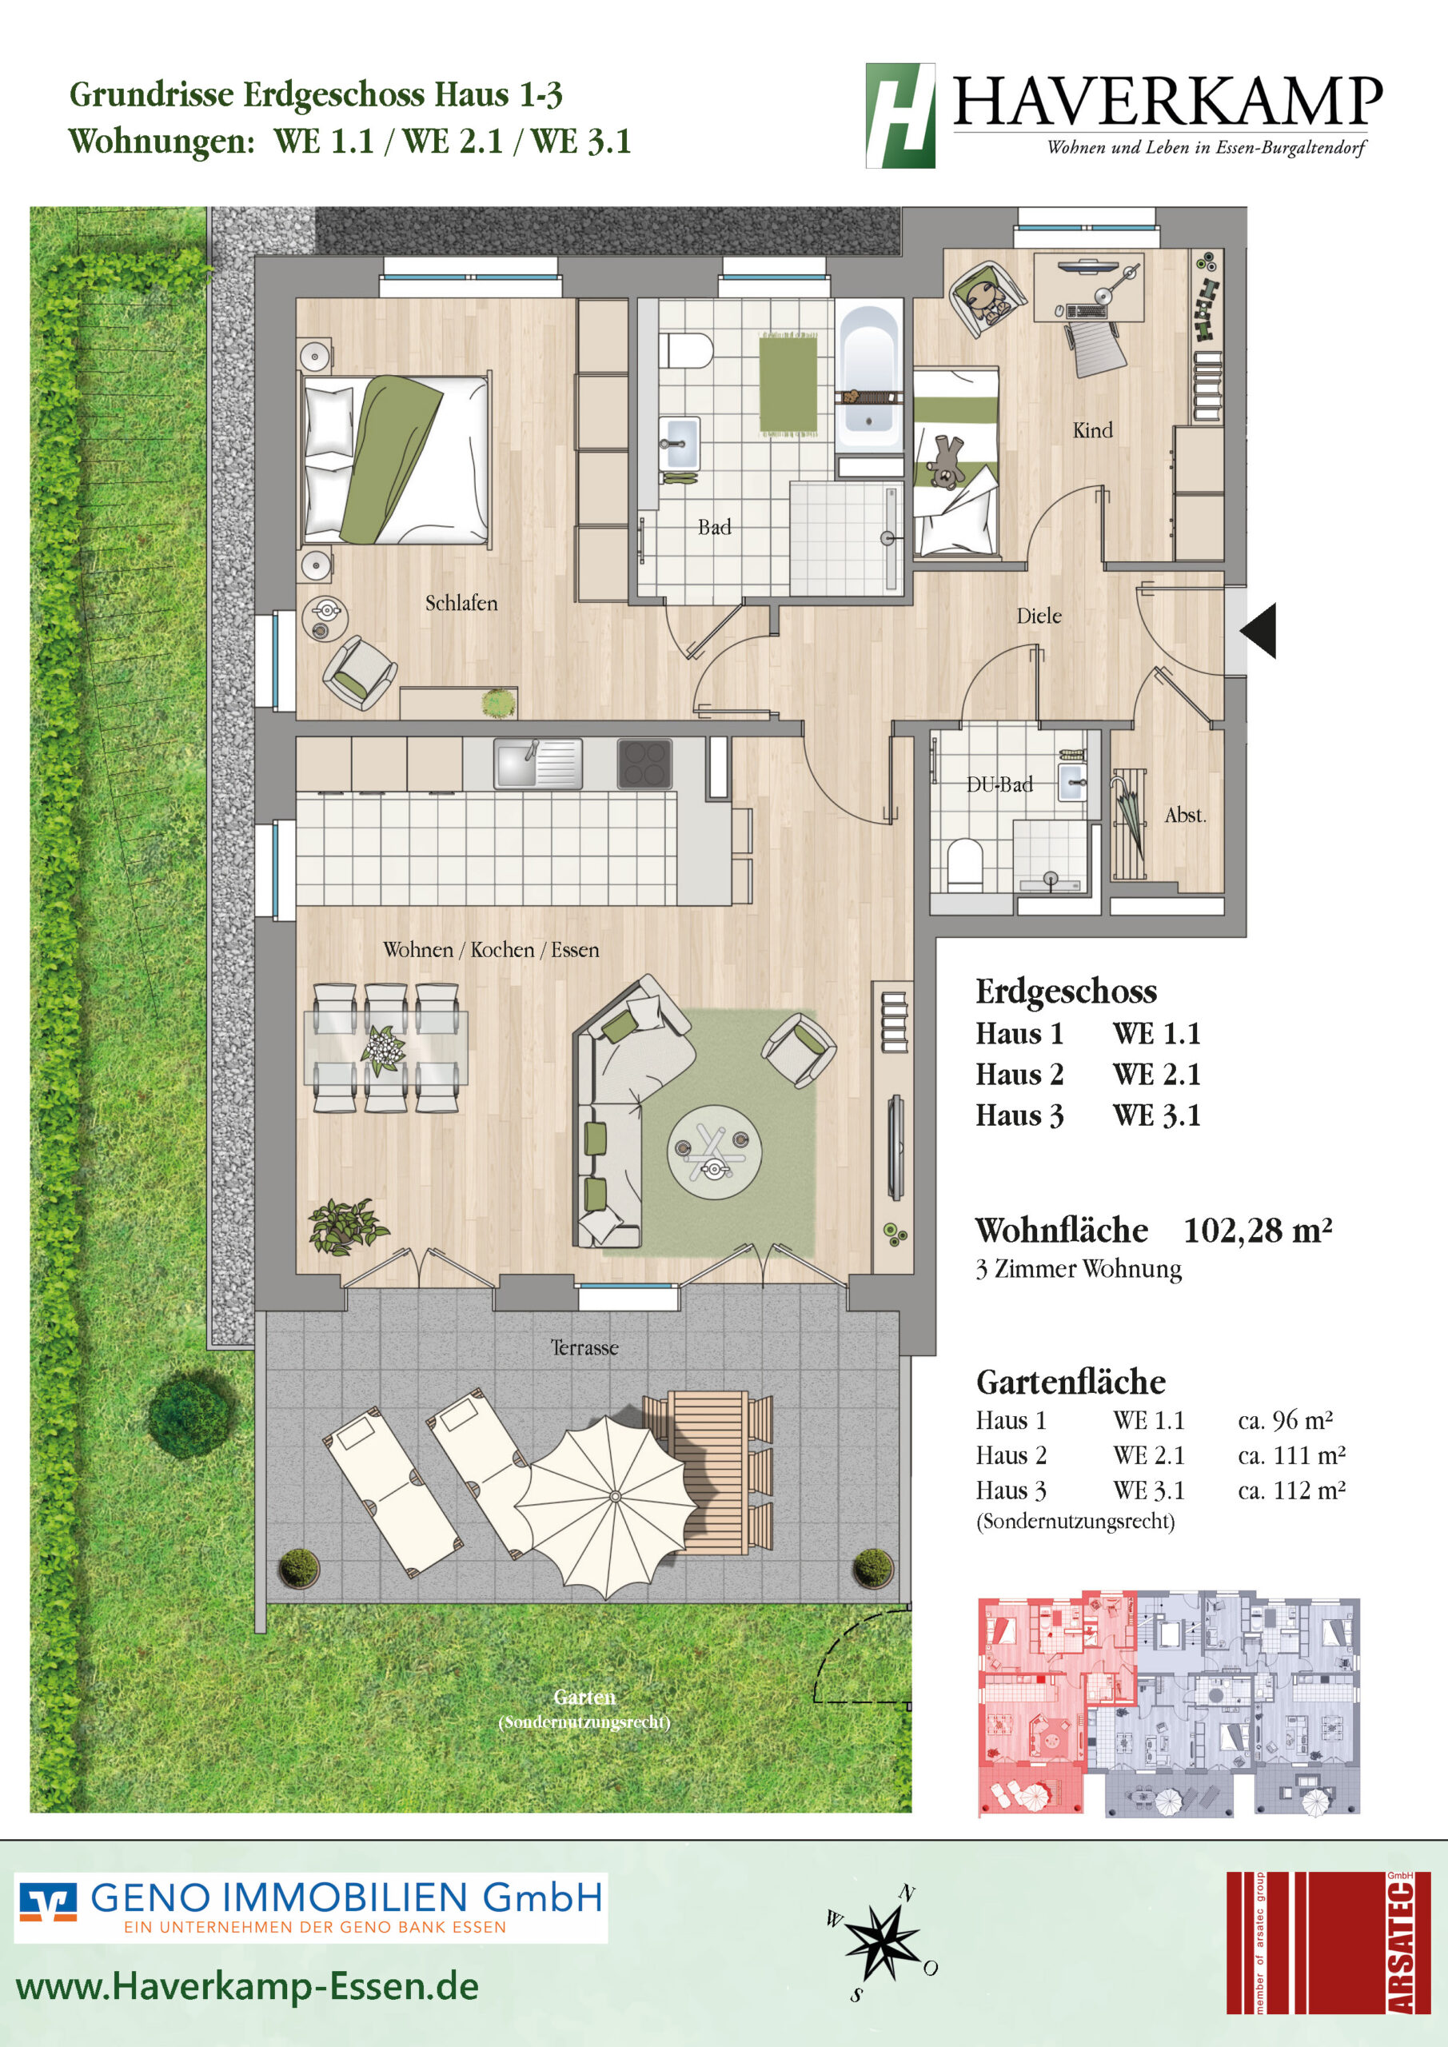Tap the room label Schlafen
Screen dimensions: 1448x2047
point(461,604)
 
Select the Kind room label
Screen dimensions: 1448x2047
point(1092,431)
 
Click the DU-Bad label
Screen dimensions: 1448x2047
point(999,784)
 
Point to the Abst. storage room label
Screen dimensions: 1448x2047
point(1185,815)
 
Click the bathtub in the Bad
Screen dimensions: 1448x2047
point(869,378)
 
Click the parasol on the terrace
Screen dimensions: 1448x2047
point(605,1506)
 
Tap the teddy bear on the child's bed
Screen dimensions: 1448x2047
point(945,461)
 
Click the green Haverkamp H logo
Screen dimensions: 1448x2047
point(900,115)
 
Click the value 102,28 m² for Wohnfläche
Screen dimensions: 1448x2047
point(1257,1231)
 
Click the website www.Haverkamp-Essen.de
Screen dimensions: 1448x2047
point(247,1987)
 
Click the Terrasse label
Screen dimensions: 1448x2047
point(584,1347)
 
